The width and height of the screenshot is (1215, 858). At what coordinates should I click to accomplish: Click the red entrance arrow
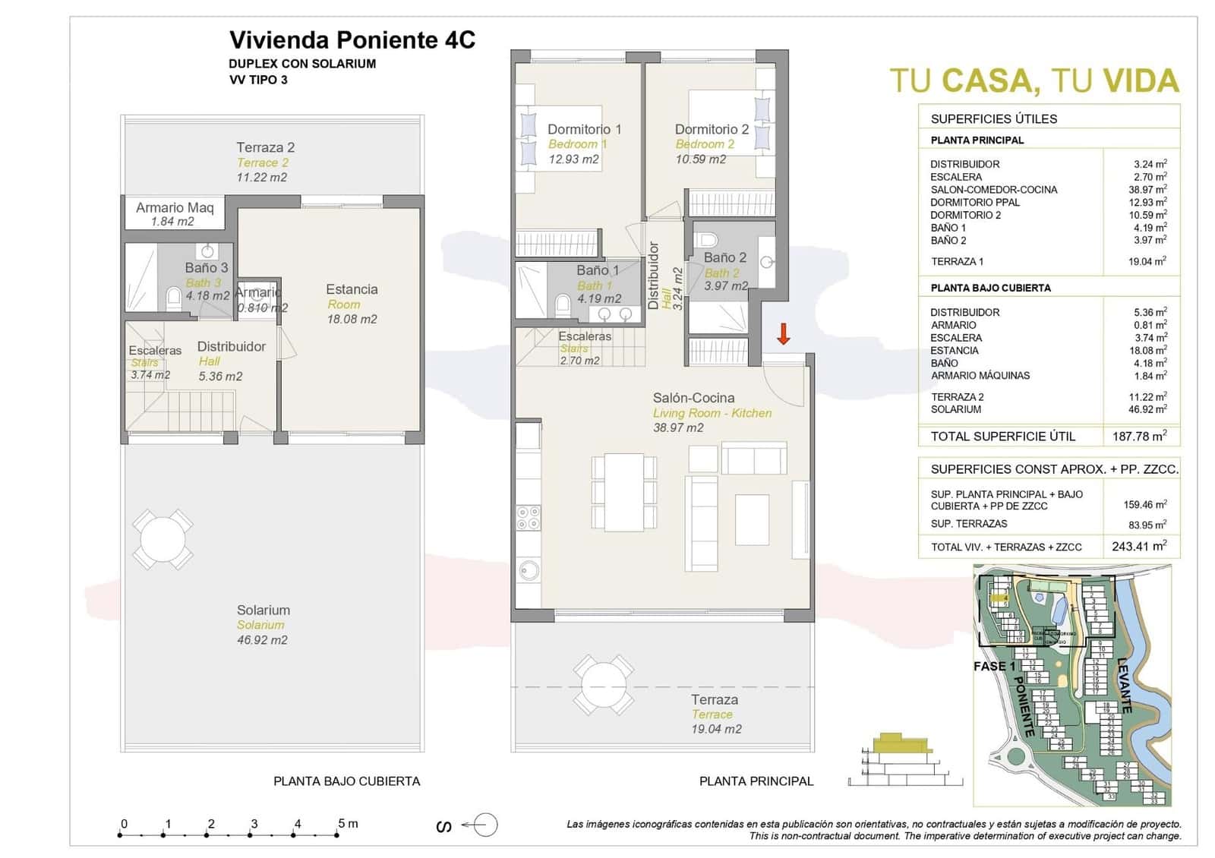(783, 333)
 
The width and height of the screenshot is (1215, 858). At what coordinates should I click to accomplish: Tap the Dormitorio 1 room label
(584, 129)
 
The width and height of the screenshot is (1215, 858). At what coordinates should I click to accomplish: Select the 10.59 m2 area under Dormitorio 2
(700, 159)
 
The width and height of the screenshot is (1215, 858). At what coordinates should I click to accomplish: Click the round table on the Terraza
(604, 686)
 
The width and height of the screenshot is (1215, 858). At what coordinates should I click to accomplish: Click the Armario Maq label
(175, 207)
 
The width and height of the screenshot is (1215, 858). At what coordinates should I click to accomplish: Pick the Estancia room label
(352, 289)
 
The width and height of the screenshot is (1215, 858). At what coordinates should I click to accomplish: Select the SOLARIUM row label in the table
(955, 409)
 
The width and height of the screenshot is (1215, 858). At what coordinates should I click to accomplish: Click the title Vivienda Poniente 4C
(352, 39)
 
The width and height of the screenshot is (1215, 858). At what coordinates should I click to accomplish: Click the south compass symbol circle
(486, 825)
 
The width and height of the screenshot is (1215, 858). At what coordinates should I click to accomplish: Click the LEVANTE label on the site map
(1125, 684)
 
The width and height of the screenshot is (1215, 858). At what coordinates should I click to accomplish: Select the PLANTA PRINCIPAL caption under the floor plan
(756, 781)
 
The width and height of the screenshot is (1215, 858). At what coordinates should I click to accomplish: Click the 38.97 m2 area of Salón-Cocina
(678, 428)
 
